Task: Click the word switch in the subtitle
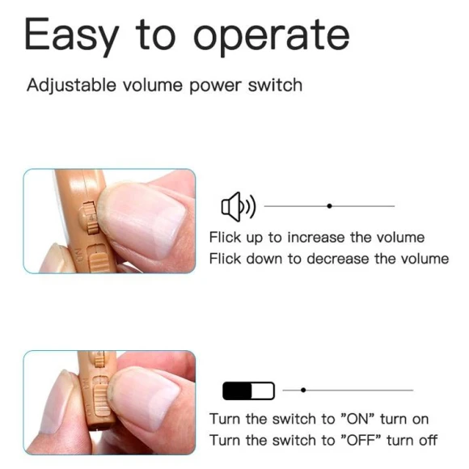[277, 85]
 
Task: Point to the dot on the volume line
[329, 206]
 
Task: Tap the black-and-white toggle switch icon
[248, 391]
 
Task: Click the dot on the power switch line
[303, 390]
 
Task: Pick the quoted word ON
[358, 419]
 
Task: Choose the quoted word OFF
[361, 440]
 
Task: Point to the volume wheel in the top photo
[91, 217]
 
